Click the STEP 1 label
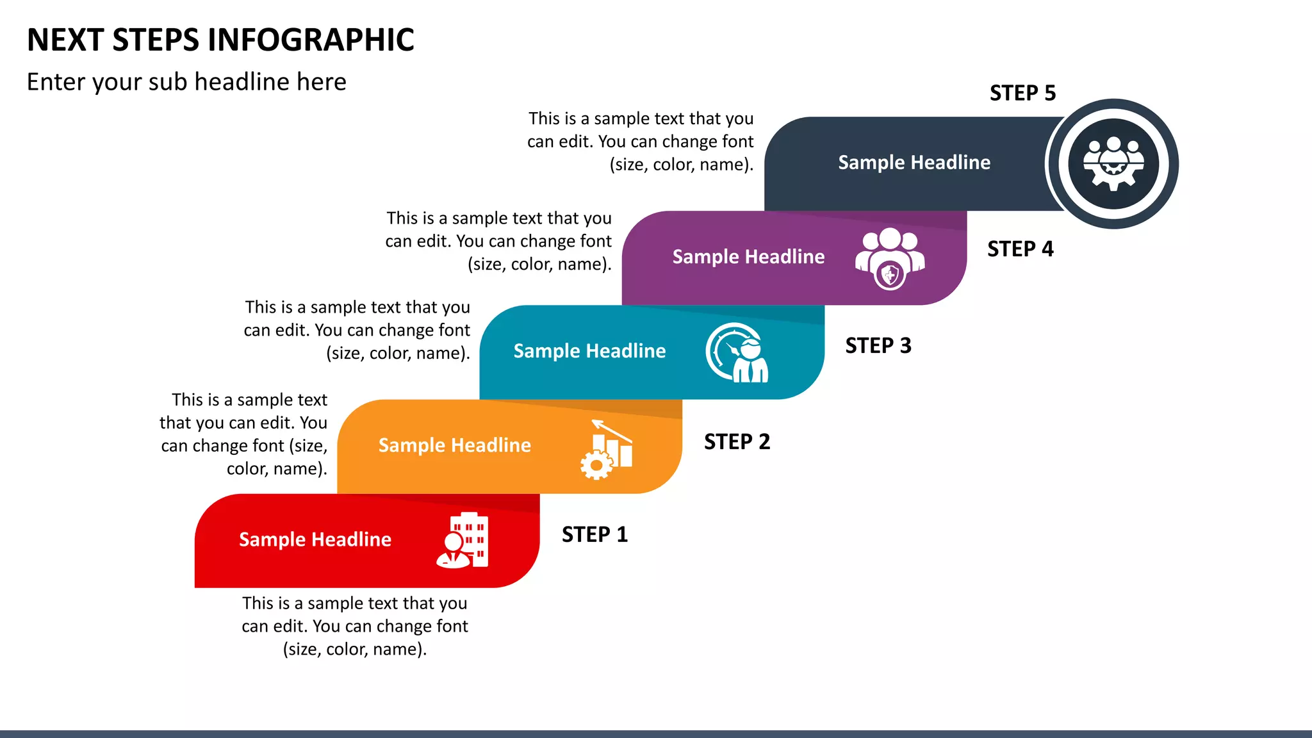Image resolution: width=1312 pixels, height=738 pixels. [x=594, y=534]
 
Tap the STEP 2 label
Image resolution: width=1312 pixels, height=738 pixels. [x=737, y=441]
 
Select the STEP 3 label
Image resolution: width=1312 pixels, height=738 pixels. [x=878, y=345]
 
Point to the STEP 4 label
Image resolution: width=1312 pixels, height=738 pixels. [x=1020, y=249]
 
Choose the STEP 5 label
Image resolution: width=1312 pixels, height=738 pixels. [x=1022, y=93]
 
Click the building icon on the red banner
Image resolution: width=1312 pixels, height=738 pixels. [x=463, y=541]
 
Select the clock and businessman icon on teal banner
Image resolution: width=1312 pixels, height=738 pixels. [x=737, y=353]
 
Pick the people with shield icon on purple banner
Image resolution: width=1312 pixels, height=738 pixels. [x=890, y=258]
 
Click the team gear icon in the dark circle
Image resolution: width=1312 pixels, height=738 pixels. [x=1113, y=163]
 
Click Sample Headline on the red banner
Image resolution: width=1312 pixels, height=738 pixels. [x=315, y=539]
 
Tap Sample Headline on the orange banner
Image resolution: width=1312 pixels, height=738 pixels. [x=454, y=445]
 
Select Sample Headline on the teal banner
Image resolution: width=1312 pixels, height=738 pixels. [x=589, y=351]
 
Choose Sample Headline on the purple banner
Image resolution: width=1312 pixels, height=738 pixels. [x=748, y=257]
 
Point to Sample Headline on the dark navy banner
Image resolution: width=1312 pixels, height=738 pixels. [x=914, y=163]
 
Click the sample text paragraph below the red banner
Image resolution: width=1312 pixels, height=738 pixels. [x=354, y=626]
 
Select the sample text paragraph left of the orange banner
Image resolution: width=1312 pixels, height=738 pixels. [x=244, y=434]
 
